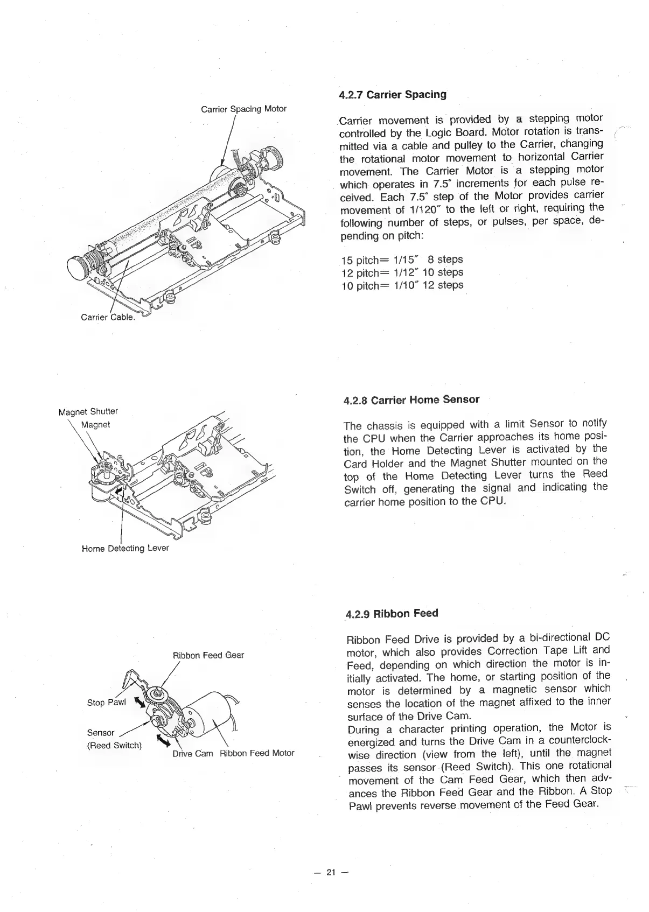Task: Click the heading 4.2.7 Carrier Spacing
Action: pyautogui.click(x=393, y=95)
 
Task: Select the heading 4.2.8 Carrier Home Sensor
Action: pyautogui.click(x=411, y=399)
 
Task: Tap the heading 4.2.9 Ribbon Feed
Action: pyautogui.click(x=392, y=614)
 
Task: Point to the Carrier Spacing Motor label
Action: pyautogui.click(x=243, y=109)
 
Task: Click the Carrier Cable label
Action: pyautogui.click(x=107, y=317)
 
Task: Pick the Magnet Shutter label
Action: pyautogui.click(x=88, y=412)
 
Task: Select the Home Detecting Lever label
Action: pyautogui.click(x=125, y=548)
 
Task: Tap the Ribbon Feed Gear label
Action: pyautogui.click(x=208, y=655)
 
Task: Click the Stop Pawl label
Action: pyautogui.click(x=106, y=703)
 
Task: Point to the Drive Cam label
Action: pyautogui.click(x=192, y=753)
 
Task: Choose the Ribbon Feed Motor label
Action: pyautogui.click(x=256, y=753)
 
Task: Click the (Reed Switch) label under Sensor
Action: pyautogui.click(x=114, y=746)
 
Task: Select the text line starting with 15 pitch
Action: pyautogui.click(x=402, y=259)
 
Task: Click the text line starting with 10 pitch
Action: pyautogui.click(x=402, y=285)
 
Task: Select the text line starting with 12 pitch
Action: pyautogui.click(x=402, y=272)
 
